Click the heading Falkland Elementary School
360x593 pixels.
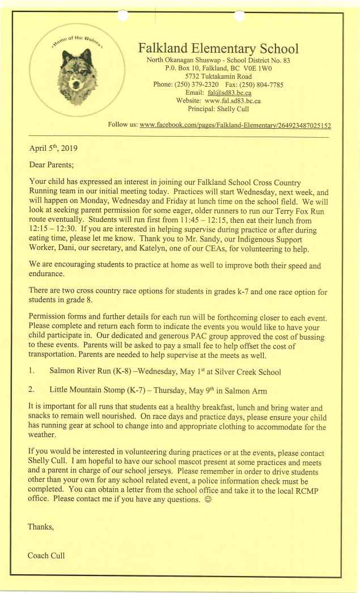(x=218, y=48)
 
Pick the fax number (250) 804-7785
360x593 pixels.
(x=264, y=84)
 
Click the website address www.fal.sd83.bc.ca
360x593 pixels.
(x=232, y=100)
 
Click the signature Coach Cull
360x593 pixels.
(x=46, y=555)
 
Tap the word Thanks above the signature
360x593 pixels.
(x=41, y=527)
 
